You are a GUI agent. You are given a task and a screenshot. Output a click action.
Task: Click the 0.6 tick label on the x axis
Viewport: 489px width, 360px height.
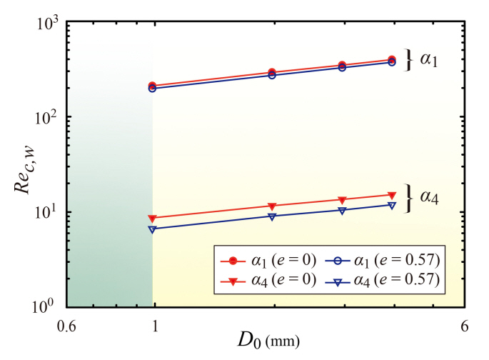coord(66,323)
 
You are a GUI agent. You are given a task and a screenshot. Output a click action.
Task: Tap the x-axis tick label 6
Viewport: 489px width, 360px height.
coord(465,323)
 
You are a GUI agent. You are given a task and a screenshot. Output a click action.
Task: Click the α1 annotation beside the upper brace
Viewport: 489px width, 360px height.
coord(428,61)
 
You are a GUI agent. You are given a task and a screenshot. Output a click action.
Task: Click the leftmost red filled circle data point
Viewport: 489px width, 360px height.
coord(152,86)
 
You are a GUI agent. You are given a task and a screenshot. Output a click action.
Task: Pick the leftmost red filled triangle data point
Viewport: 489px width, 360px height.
coord(152,219)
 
